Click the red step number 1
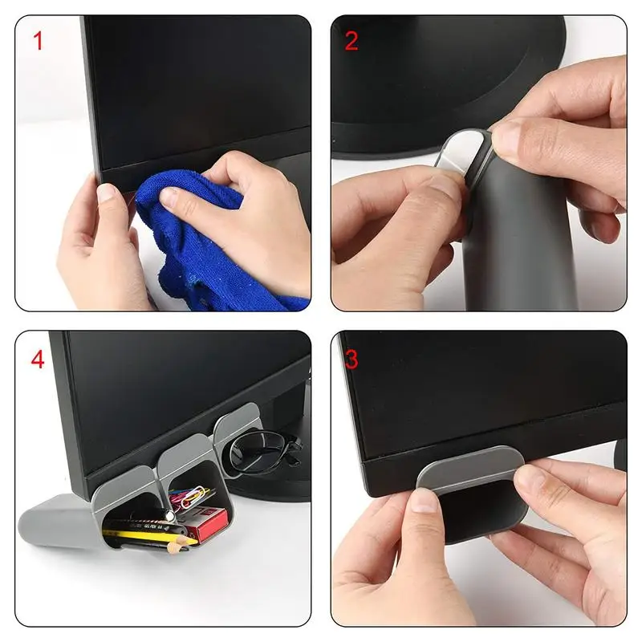pos(37,41)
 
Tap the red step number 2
pos(351,41)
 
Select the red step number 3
pos(351,358)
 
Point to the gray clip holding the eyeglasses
pos(233,425)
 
